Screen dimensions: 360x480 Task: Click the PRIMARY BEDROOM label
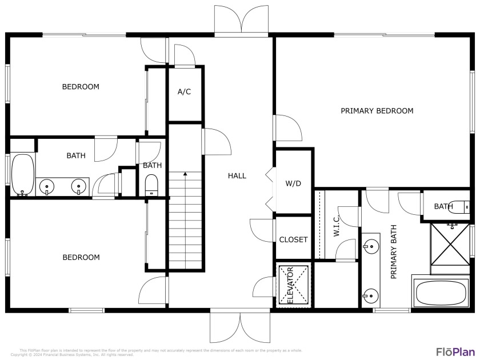377,111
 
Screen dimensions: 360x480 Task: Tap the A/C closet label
184,91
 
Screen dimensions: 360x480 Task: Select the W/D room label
293,183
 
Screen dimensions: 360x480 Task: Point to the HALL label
237,175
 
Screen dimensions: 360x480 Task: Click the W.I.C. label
337,226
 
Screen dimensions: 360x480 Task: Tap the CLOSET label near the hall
293,239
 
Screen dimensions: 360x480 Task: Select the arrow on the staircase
185,174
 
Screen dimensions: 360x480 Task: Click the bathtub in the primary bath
442,293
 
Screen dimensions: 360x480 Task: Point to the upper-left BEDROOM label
81,87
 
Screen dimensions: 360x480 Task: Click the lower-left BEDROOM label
81,257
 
